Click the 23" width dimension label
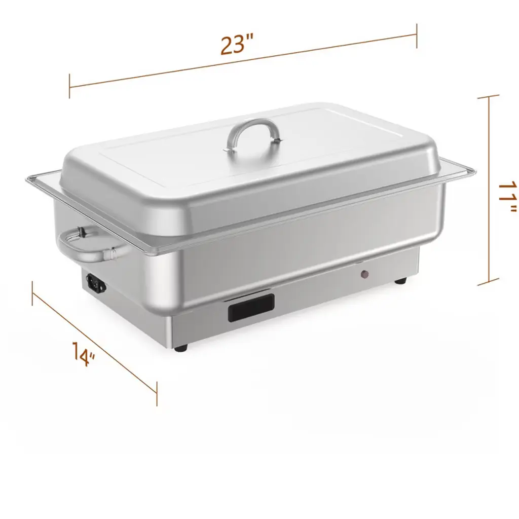pyautogui.click(x=237, y=45)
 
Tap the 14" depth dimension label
pyautogui.click(x=84, y=353)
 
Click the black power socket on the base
pyautogui.click(x=96, y=283)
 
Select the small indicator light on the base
pyautogui.click(x=364, y=274)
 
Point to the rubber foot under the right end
pyautogui.click(x=400, y=281)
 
